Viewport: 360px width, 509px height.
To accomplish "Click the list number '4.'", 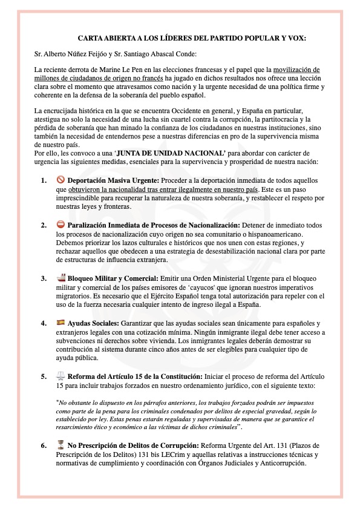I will click(x=44, y=323).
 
